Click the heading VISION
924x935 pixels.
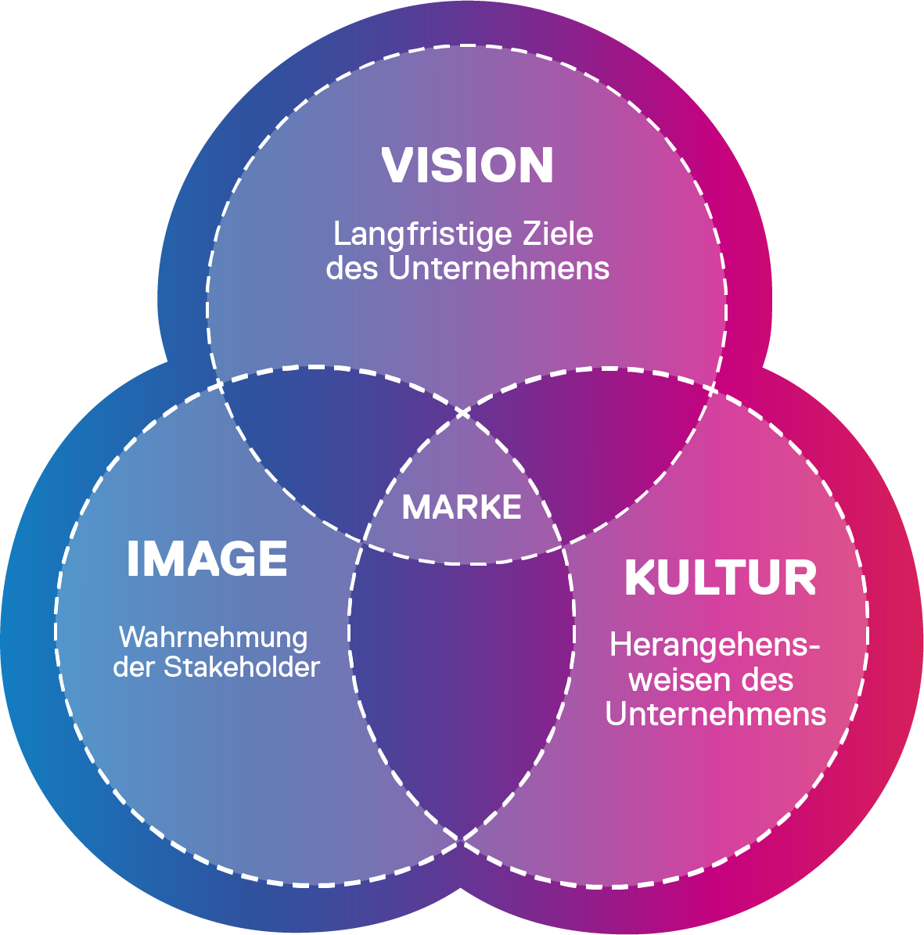coord(467,165)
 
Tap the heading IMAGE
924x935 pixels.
coord(207,559)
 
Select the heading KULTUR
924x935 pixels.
coord(721,578)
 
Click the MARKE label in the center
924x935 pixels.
coord(462,508)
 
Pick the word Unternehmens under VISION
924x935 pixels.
coord(498,268)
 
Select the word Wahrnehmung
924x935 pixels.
coord(213,637)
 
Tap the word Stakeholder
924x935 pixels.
coord(242,667)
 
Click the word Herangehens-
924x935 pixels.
coord(715,646)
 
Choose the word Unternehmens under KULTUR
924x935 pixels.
coord(715,714)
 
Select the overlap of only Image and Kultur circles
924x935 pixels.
coord(462,681)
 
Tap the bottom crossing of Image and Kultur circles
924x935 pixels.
coord(462,840)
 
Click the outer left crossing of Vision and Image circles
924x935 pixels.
coord(220,383)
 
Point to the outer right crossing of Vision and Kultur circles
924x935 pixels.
coord(714,387)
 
